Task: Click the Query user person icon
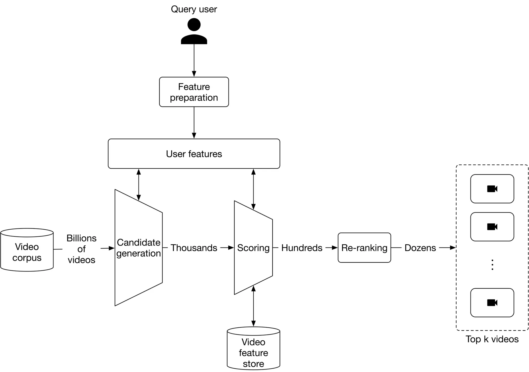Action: [x=194, y=31]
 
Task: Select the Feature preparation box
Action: [x=194, y=92]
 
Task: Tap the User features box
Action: [x=194, y=154]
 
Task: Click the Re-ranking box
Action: [x=364, y=248]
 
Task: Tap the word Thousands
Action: [x=194, y=248]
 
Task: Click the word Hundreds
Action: [x=302, y=248]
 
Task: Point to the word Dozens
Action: [x=420, y=248]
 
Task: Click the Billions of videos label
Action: [x=81, y=249]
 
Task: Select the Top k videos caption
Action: [x=492, y=339]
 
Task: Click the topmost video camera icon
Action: [x=492, y=189]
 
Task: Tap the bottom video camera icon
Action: [x=492, y=303]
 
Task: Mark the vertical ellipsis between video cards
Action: [x=492, y=265]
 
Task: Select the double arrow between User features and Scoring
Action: [x=253, y=189]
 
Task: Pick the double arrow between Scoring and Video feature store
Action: [x=253, y=306]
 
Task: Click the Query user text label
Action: [x=194, y=9]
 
